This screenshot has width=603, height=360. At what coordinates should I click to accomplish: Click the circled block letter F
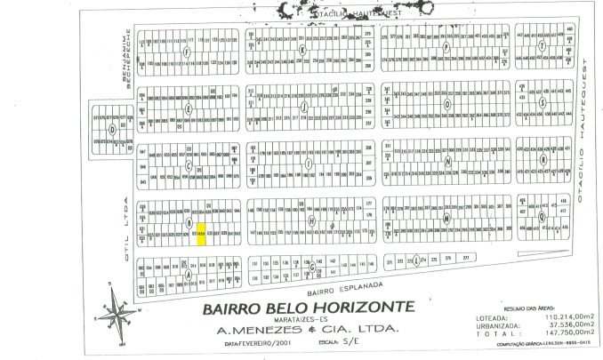(x=187, y=52)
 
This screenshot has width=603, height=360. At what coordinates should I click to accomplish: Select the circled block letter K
(x=302, y=51)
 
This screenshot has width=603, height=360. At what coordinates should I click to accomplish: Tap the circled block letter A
(x=189, y=274)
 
